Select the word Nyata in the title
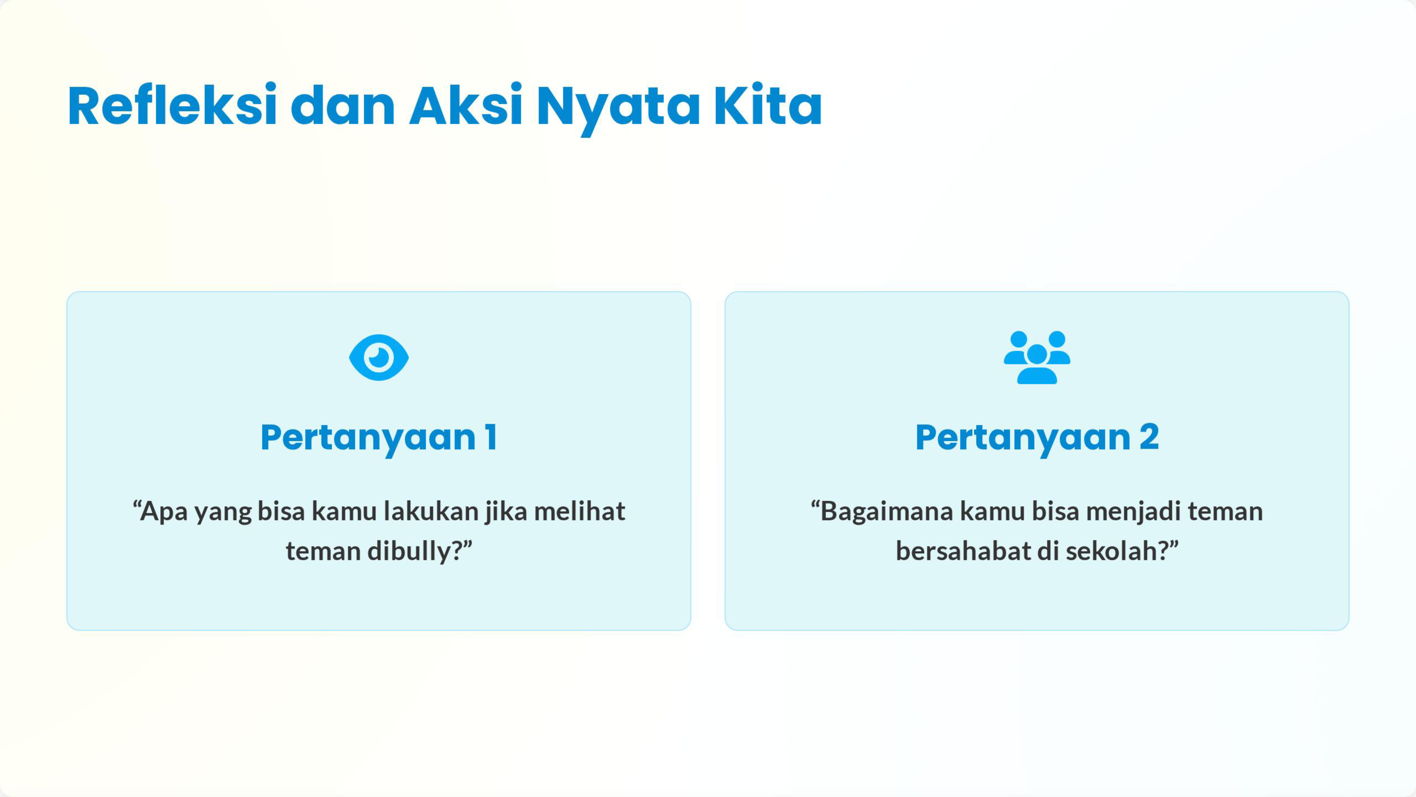[x=618, y=109]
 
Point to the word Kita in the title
[x=767, y=105]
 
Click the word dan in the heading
[x=343, y=105]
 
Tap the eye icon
[x=379, y=358]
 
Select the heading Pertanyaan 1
[x=379, y=438]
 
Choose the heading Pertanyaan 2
[x=1037, y=438]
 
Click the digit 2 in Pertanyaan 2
[x=1149, y=437]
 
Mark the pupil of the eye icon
[x=379, y=358]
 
